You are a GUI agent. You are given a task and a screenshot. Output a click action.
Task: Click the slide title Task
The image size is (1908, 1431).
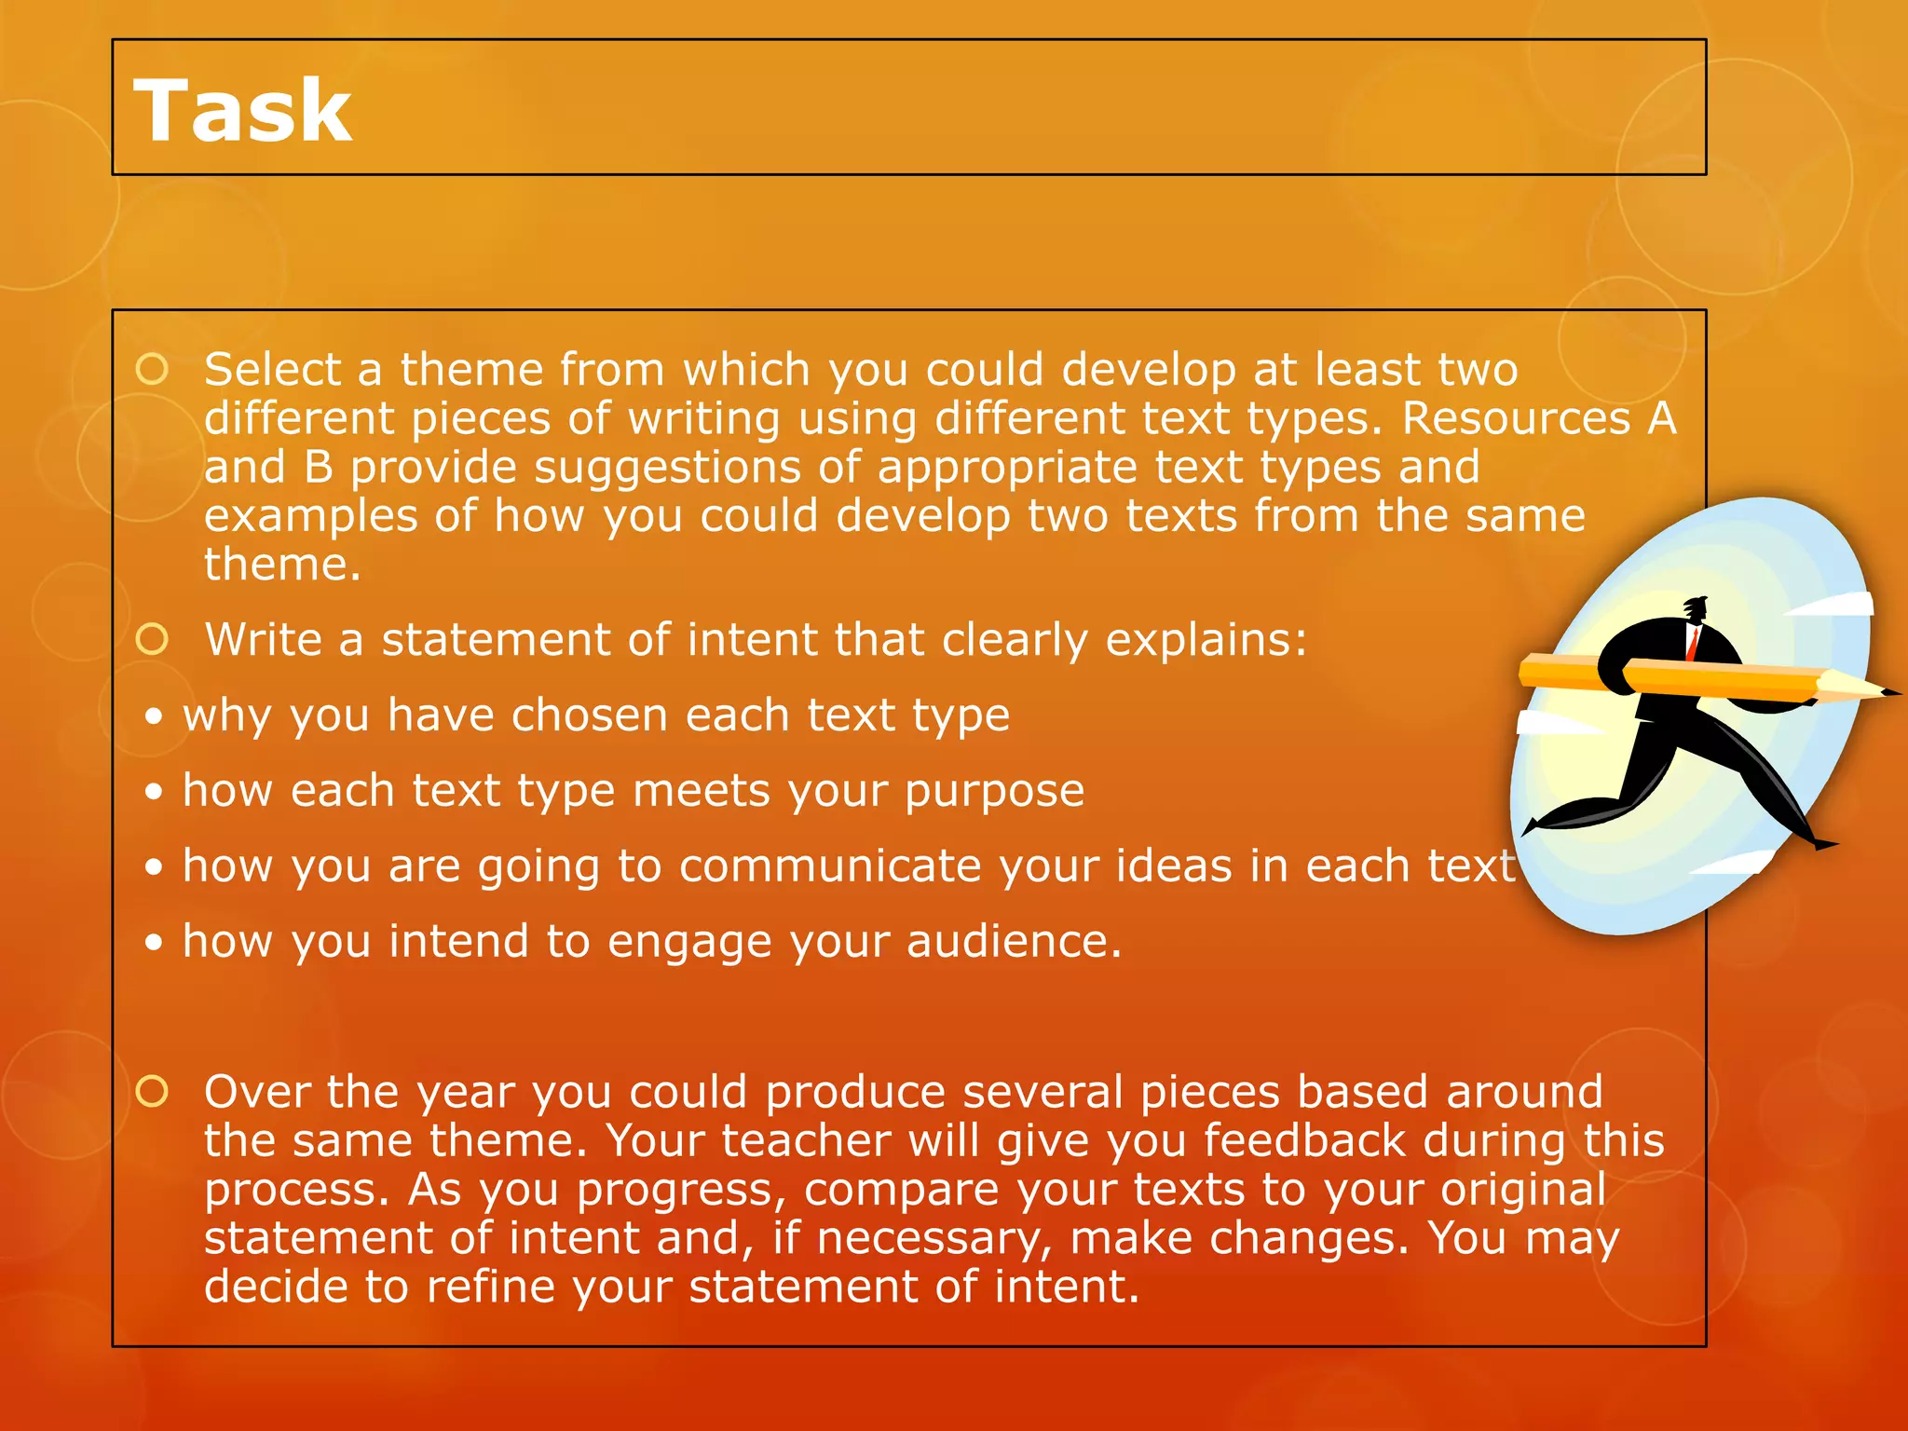pos(243,111)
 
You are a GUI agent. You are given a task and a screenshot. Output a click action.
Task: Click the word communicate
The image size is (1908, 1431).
pos(830,866)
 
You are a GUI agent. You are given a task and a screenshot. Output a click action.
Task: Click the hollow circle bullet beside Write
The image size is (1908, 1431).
pos(152,639)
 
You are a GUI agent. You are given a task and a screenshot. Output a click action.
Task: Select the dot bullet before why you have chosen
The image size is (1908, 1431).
pos(155,716)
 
